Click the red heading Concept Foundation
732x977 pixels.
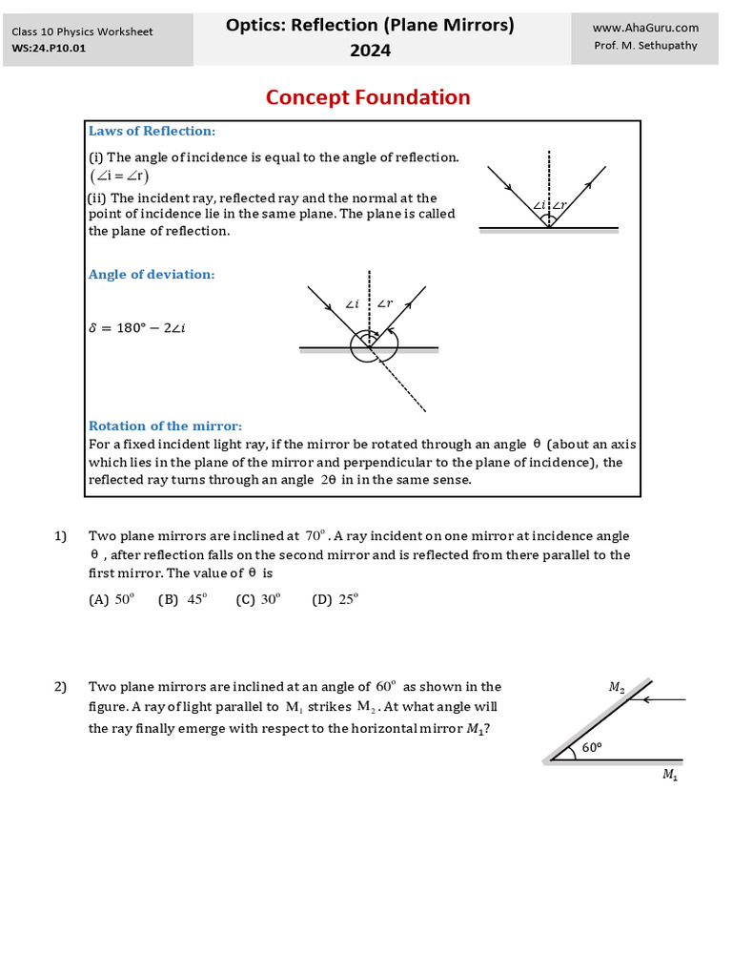[x=367, y=97]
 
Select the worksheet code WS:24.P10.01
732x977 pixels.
[x=49, y=49]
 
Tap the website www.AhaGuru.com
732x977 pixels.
[x=645, y=29]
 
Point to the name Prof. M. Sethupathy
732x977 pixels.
[x=645, y=46]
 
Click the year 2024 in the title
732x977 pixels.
[x=370, y=51]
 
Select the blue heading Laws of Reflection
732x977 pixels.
[x=152, y=131]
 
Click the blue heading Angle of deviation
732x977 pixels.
[x=152, y=274]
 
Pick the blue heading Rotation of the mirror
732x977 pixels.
[x=165, y=426]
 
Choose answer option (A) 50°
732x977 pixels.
[x=112, y=599]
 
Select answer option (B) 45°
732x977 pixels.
[x=182, y=599]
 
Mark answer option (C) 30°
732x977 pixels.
[x=258, y=599]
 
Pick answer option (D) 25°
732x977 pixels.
[x=335, y=599]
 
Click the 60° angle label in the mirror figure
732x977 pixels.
[x=592, y=748]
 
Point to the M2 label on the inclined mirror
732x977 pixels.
[x=616, y=686]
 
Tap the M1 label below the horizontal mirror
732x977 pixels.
[x=670, y=775]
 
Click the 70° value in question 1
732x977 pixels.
[x=315, y=536]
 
